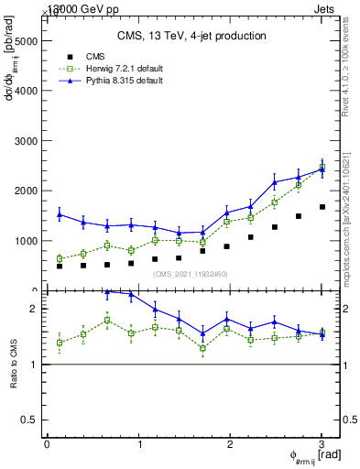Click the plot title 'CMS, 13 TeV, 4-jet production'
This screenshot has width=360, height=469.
(x=191, y=36)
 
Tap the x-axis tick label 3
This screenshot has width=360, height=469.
(x=322, y=443)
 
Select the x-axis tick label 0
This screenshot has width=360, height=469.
(x=47, y=443)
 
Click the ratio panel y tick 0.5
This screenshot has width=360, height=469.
(x=31, y=420)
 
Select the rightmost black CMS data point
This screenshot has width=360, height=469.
(x=322, y=207)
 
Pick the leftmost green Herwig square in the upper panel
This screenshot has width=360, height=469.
(x=60, y=259)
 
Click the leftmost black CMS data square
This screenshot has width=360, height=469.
(x=60, y=266)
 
